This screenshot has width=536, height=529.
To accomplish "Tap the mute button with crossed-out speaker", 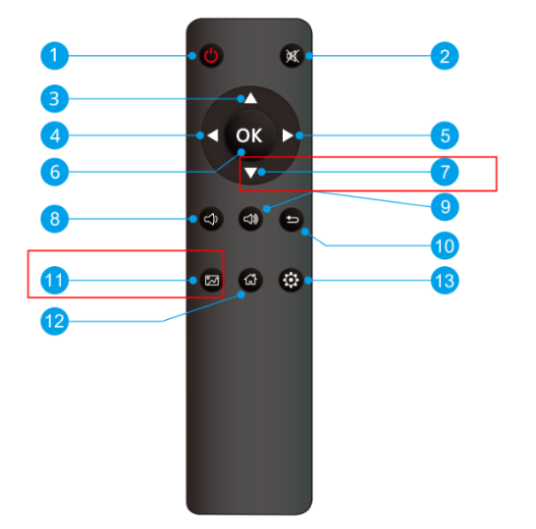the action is tap(292, 56).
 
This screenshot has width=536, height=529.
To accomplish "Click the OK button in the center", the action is tap(249, 135).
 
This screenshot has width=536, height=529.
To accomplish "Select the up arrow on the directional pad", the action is tap(251, 98).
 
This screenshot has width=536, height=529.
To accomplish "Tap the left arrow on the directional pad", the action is tap(213, 135).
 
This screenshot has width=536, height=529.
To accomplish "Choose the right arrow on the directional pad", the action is tap(288, 135).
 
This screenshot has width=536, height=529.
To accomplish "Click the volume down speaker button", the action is tap(211, 219).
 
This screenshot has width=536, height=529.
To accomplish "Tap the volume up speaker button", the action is tap(250, 219).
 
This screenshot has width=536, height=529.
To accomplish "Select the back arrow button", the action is tap(292, 220).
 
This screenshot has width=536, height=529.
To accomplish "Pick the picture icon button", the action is tap(212, 281).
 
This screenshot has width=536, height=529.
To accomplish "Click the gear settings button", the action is tap(291, 281).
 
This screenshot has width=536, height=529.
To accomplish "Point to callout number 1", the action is tap(54, 56).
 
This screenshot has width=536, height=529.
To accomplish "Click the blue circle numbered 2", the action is tap(445, 56).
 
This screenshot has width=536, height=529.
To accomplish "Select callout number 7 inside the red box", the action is tap(445, 172).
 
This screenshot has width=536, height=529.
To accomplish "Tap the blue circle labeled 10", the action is tap(445, 245).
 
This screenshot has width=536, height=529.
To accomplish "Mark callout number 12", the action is tap(54, 321).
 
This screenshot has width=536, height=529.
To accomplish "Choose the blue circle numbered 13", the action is tap(445, 281).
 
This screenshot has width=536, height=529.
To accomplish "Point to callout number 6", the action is tap(54, 172).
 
